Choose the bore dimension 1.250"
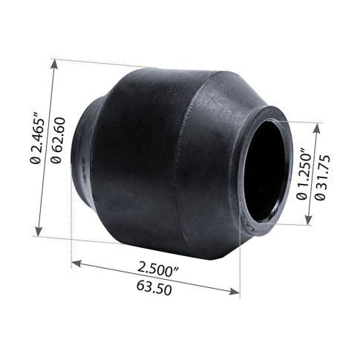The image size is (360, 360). click(x=301, y=172)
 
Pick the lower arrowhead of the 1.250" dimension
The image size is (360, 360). click(x=308, y=221)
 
